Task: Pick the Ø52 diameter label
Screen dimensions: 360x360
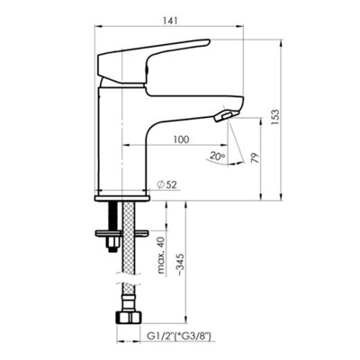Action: click(167, 184)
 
